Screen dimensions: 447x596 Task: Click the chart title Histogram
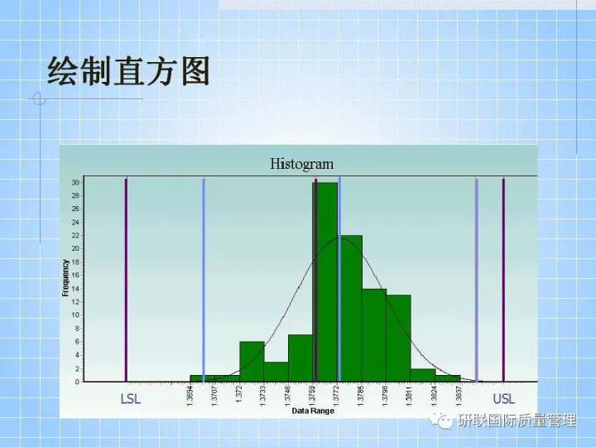[301, 164]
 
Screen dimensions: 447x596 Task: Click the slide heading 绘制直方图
[128, 71]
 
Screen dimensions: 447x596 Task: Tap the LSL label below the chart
[131, 399]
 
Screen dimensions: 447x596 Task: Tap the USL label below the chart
[503, 399]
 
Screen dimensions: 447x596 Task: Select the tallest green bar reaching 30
[325, 281]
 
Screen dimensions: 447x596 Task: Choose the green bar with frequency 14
[374, 334]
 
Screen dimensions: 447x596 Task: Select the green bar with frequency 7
[300, 358]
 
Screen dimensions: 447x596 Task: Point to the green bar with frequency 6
[252, 361]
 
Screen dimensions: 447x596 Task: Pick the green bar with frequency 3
[276, 371]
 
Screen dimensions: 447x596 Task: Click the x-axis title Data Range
[312, 411]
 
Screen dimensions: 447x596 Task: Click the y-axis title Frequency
[65, 278]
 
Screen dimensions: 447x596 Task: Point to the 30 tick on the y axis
[75, 182]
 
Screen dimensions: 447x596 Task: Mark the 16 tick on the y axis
[75, 275]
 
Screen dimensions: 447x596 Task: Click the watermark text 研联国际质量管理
[517, 421]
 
